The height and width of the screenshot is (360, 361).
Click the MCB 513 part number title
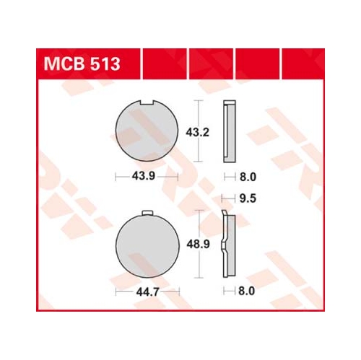[x=82, y=64]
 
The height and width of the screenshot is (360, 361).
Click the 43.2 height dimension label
[x=197, y=132]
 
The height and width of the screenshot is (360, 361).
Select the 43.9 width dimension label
[x=144, y=176]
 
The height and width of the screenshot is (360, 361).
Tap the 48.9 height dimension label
[x=199, y=244]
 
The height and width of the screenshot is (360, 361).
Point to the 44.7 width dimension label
[x=148, y=292]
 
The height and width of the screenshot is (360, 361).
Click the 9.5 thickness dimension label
[x=248, y=198]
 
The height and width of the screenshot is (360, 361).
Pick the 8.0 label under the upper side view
[x=248, y=177]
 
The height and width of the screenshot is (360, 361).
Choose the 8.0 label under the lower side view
[x=246, y=291]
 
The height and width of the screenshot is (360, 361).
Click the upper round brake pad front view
[x=147, y=131]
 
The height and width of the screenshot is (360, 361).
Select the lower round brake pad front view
[x=147, y=246]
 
